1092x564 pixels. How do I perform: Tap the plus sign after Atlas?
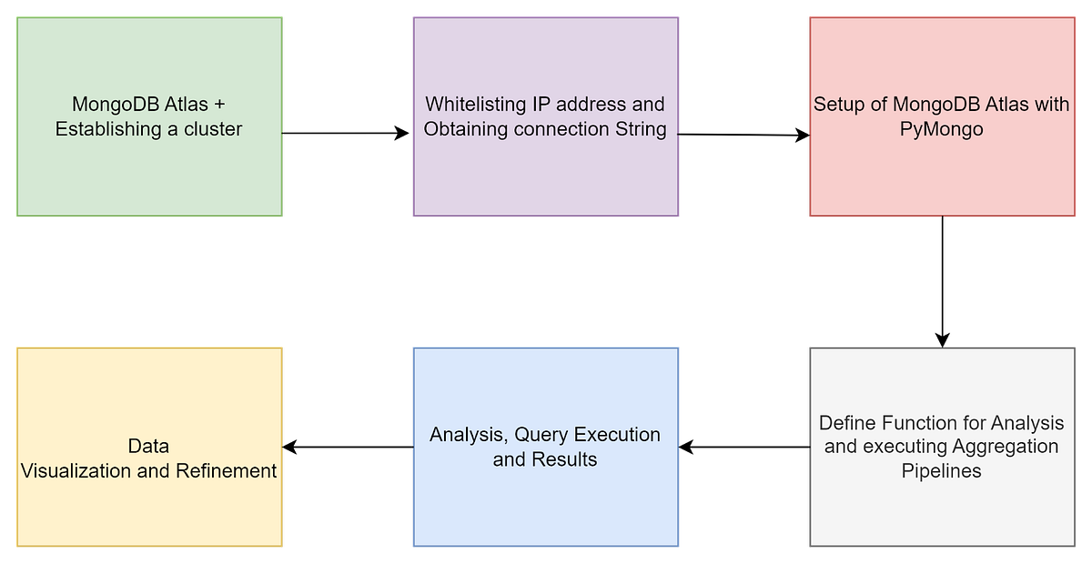218,105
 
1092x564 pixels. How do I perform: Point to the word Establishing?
107,129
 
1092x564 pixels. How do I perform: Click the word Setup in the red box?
838,105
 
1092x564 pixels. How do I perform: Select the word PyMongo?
942,129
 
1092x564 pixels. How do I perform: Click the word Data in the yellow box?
148,446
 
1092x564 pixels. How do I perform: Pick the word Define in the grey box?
847,423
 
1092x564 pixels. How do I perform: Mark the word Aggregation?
1006,447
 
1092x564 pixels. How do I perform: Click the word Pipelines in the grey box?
942,471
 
